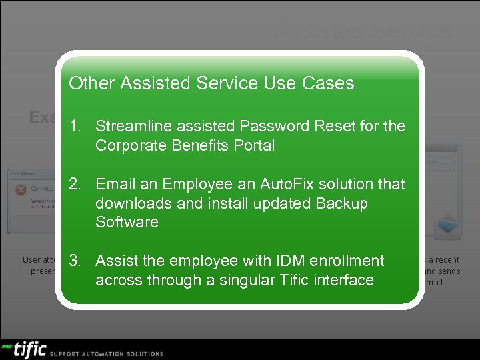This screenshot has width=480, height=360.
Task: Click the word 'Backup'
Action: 341,203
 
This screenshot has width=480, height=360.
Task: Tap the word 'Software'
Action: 127,222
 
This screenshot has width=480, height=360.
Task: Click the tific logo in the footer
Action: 25,349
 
